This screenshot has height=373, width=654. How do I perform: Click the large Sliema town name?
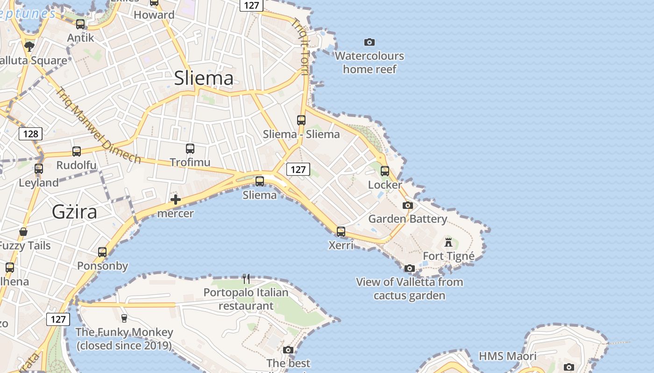click(204, 78)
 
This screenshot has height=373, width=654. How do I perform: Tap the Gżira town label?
click(75, 212)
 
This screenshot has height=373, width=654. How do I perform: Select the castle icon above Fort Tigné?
click(448, 242)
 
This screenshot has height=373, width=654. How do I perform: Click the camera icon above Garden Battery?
click(408, 205)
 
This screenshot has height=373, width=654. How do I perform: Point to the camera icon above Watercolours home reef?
click(370, 42)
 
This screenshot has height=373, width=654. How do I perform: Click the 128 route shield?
click(31, 134)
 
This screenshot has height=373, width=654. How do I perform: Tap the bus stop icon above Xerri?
click(341, 231)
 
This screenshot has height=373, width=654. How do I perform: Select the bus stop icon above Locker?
click(385, 171)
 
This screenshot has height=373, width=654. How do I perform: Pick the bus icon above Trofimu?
click(190, 149)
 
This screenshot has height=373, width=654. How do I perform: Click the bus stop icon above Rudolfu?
click(77, 152)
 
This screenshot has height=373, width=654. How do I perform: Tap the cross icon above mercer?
click(176, 200)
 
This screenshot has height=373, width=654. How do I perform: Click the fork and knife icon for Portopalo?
click(246, 279)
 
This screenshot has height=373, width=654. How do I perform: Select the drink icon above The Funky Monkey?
click(124, 318)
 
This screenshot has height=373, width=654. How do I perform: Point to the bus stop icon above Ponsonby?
click(102, 252)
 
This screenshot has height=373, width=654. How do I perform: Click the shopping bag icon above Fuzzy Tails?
click(23, 232)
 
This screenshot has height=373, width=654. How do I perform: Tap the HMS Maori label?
click(508, 357)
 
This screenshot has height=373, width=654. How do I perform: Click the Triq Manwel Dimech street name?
click(98, 126)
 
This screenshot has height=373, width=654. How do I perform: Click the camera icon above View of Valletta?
click(410, 268)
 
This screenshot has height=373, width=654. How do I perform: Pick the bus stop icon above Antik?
click(80, 24)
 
